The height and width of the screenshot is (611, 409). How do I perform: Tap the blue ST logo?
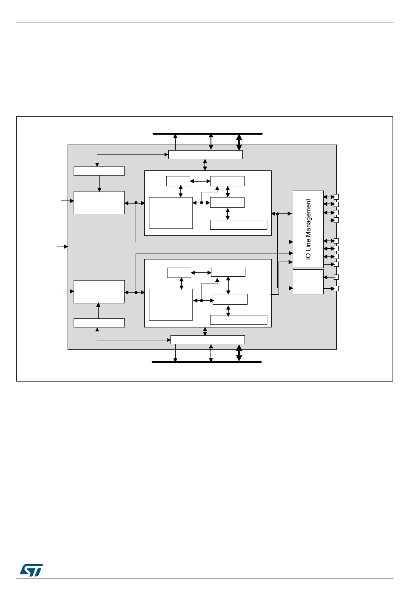coord(31,570)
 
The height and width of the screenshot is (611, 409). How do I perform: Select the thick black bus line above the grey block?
coord(208,134)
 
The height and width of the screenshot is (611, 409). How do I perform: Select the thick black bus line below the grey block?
coord(207,362)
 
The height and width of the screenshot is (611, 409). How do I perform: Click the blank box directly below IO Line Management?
coord(308,282)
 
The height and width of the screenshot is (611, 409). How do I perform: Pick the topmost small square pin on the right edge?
coord(336,197)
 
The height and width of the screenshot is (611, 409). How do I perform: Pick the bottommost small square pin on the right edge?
coord(336,288)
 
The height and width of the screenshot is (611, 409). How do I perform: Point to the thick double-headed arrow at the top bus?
coord(239,142)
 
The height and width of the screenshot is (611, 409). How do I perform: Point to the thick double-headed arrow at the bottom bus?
coord(239,353)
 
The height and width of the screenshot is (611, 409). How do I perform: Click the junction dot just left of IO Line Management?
coord(277,214)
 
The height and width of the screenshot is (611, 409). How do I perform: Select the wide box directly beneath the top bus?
coord(205,154)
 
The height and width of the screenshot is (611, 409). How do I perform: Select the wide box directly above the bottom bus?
coord(208,339)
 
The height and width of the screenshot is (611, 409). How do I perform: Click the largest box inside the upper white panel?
coord(170,213)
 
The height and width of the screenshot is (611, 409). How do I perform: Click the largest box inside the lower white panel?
coord(170,305)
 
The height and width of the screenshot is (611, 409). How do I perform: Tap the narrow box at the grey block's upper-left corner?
coord(99,171)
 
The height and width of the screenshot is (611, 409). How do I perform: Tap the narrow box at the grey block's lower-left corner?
coord(99,323)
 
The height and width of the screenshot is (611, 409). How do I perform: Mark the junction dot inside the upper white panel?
coord(201,203)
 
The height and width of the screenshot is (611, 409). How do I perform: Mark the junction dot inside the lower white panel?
coord(201,300)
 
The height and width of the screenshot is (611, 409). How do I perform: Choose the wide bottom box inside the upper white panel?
coord(239,225)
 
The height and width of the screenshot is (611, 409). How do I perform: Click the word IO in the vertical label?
coord(308,256)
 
